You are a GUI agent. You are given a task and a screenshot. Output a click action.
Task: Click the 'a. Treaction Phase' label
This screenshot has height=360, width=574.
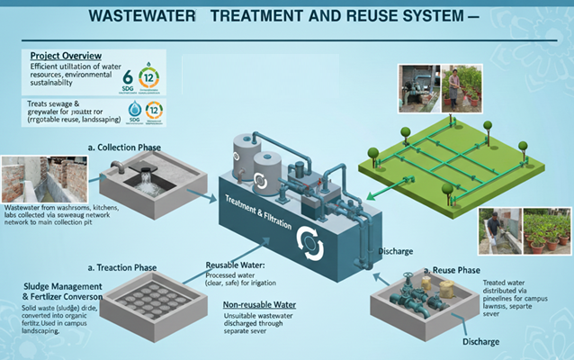tap(121, 268)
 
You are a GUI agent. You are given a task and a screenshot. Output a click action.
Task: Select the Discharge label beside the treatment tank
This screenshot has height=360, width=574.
tap(396, 250)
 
